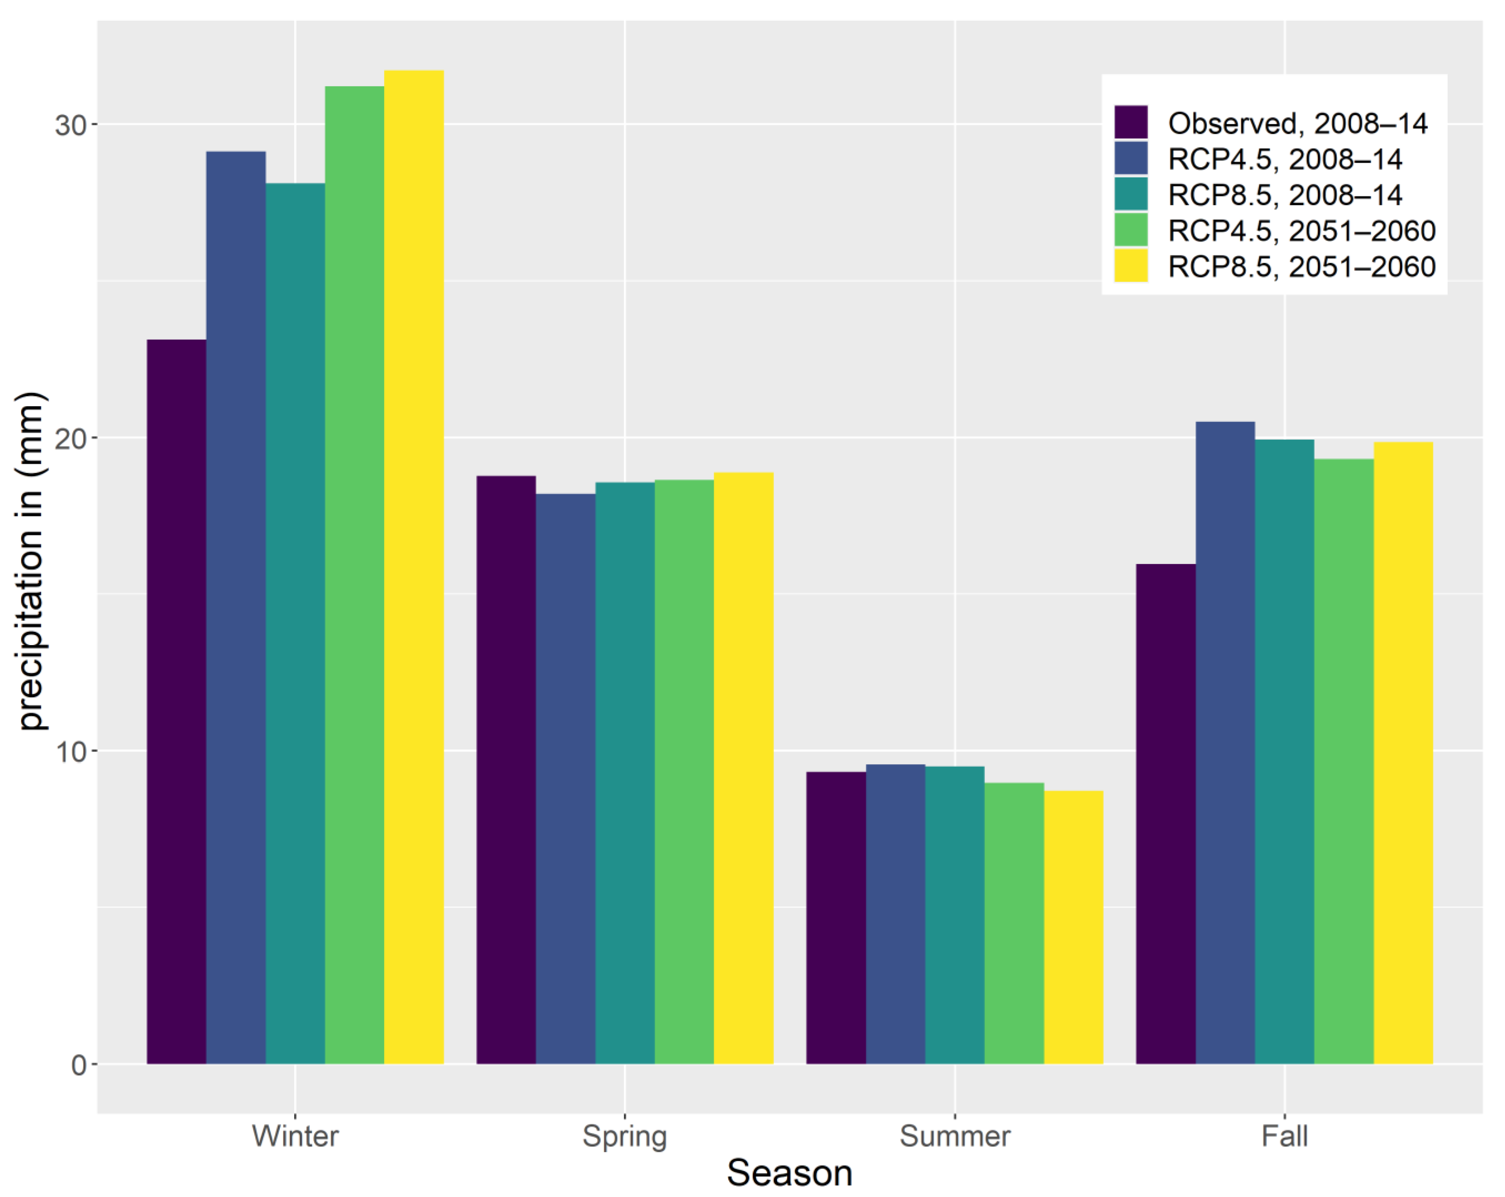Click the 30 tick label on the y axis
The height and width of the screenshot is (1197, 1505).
coord(70,126)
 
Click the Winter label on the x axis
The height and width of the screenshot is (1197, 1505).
coord(295,1136)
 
